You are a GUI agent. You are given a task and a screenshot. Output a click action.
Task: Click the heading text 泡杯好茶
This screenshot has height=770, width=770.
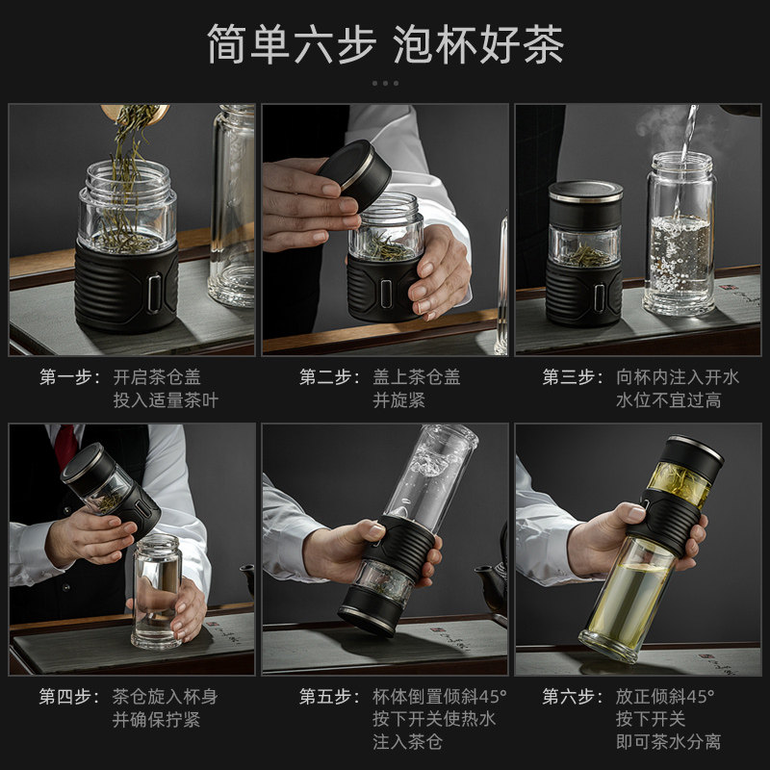477,44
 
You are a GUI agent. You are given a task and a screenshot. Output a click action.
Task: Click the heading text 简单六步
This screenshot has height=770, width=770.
292,44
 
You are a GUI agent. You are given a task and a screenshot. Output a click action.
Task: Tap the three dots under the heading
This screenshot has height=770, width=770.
385,84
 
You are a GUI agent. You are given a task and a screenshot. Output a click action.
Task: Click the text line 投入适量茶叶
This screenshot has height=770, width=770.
166,400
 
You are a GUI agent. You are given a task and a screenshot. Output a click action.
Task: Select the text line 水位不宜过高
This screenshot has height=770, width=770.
669,400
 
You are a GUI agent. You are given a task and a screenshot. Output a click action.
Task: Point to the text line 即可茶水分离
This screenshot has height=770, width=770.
668,741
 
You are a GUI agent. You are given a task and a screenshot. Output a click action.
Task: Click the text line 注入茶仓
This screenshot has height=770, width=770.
407,741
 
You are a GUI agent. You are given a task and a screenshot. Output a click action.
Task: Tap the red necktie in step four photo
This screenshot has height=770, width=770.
65,445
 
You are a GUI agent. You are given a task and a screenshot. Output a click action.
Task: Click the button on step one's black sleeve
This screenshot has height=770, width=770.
155,293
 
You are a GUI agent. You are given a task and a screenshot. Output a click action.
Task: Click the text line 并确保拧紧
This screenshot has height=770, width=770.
156,719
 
